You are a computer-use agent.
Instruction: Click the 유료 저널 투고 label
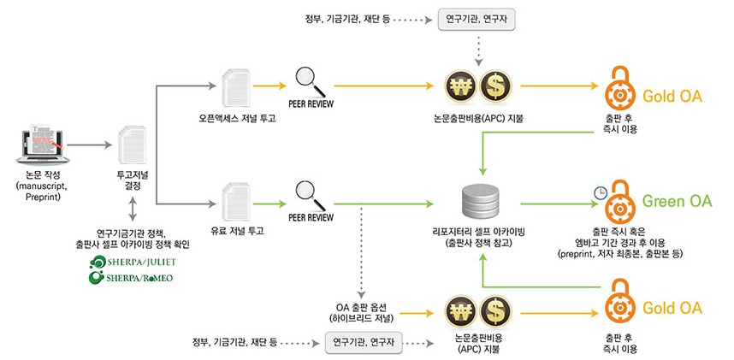pyautogui.click(x=237, y=231)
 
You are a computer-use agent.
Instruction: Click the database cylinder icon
pyautogui.click(x=478, y=200)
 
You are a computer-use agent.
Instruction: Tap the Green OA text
pyautogui.click(x=676, y=202)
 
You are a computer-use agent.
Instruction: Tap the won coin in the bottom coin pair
pyautogui.click(x=461, y=311)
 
